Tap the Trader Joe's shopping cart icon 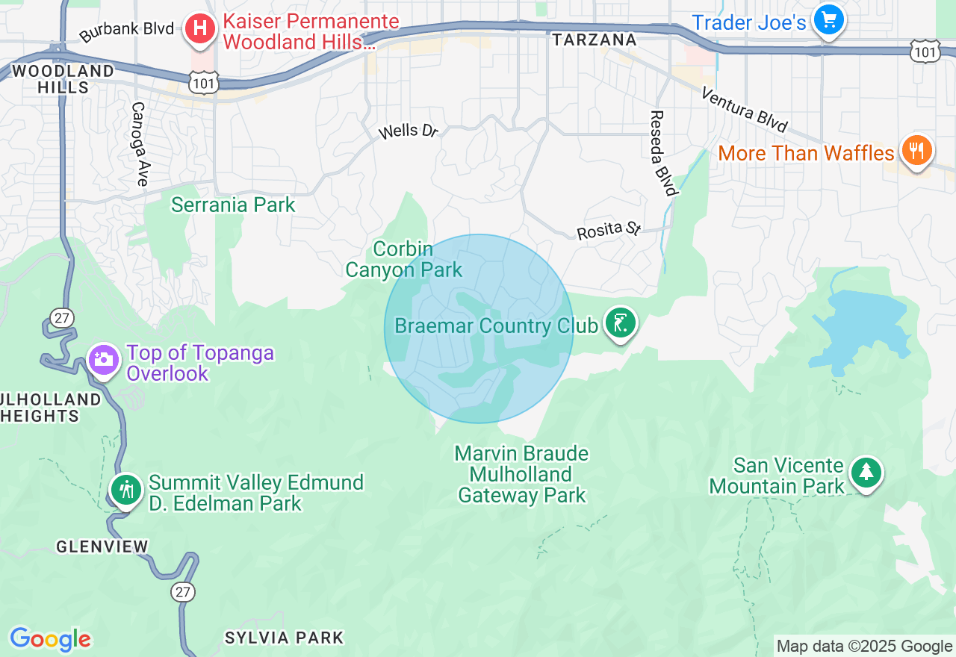pos(828,20)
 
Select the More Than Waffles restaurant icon pos(916,152)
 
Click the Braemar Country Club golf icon pos(620,323)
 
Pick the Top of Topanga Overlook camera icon pos(103,360)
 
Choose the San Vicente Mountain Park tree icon pos(866,473)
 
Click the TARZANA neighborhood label pos(595,40)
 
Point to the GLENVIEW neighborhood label pos(102,547)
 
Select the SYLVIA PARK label pos(285,638)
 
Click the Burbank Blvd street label pos(126,31)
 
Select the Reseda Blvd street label pos(662,153)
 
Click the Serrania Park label pos(233,205)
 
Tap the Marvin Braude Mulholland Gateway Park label pos(522,474)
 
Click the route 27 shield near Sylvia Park pos(183,592)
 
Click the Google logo pos(50,640)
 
